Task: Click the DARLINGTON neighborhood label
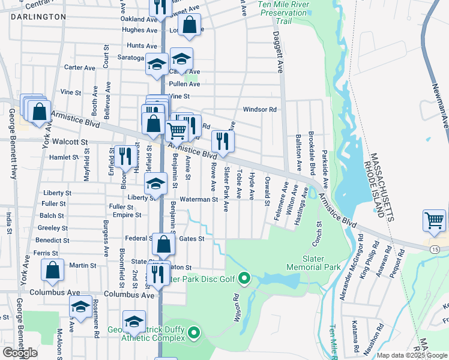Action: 38,17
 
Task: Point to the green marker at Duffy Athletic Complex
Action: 193,332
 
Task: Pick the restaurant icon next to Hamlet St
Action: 125,157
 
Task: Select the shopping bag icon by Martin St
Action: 52,271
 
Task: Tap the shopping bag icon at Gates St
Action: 163,244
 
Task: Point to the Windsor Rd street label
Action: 259,110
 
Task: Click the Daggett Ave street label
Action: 279,52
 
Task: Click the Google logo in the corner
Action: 20,353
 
